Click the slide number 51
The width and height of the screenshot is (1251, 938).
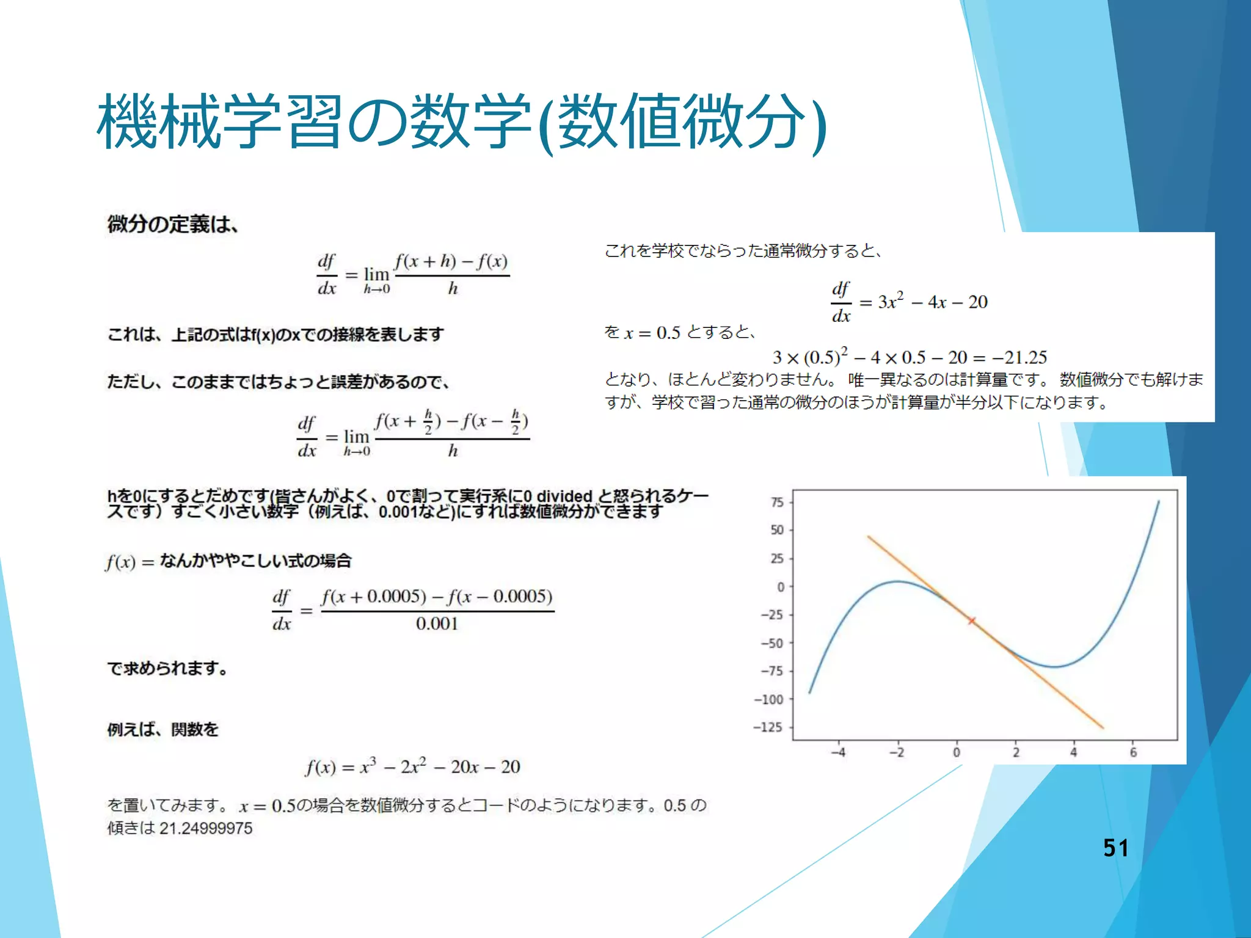(1115, 848)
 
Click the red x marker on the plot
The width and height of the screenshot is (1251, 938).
(972, 621)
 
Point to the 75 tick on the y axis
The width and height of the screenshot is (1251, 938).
(777, 503)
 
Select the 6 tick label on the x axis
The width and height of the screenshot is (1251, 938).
(1133, 752)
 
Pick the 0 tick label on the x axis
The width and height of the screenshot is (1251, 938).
(957, 752)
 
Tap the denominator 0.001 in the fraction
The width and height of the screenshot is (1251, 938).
(437, 624)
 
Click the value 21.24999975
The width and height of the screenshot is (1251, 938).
(206, 829)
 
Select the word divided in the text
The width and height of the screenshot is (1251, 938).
(564, 496)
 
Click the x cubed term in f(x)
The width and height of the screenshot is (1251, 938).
(368, 766)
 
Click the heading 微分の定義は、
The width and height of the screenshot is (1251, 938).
(173, 225)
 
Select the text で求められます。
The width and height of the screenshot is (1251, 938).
(168, 669)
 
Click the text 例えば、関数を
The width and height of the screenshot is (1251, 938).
(163, 730)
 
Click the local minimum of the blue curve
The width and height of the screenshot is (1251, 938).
(1054, 666)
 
